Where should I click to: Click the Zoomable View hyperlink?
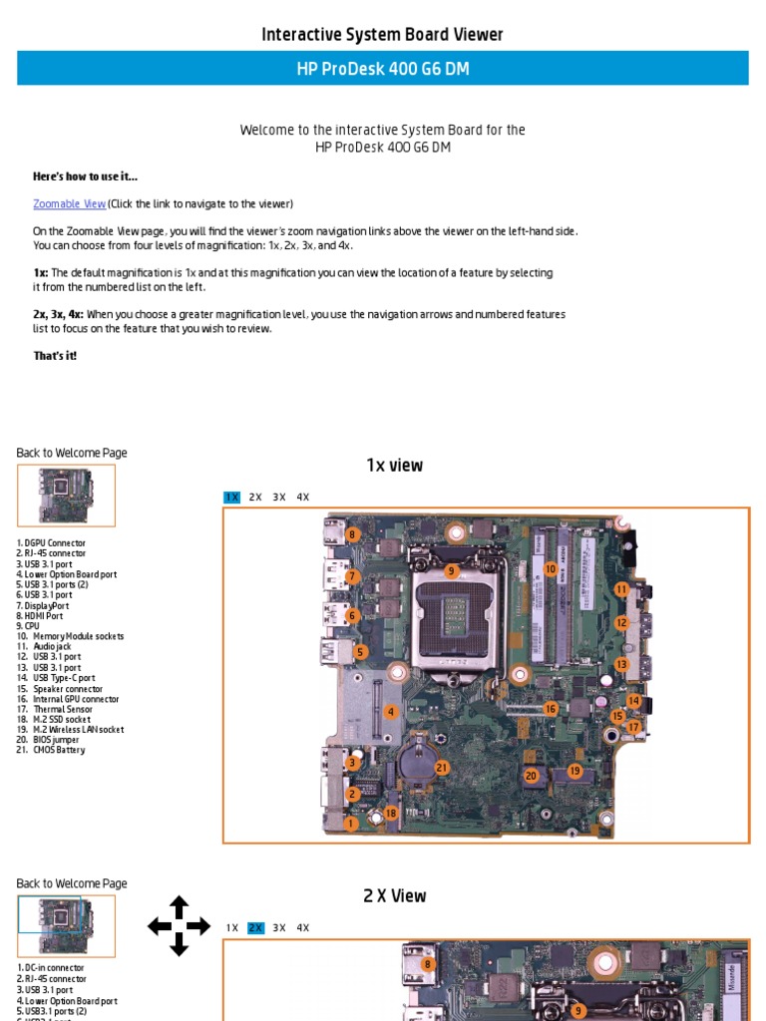(x=70, y=204)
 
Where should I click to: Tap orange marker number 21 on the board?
(x=442, y=768)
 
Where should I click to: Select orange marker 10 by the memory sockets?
(x=550, y=569)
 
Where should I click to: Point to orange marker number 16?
(x=551, y=709)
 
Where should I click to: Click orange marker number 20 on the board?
(x=531, y=776)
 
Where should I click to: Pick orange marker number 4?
(x=391, y=712)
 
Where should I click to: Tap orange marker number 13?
(x=621, y=664)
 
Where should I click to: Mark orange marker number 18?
(x=391, y=814)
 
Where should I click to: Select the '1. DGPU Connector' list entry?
(x=51, y=543)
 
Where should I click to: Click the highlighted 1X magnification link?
(x=231, y=498)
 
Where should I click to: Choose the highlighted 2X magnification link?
(x=255, y=928)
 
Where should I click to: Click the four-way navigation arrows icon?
(x=179, y=926)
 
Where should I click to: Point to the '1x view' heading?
(x=394, y=466)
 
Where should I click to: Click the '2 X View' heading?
(x=394, y=896)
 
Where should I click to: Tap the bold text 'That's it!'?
(x=55, y=356)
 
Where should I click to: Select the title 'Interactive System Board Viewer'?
(x=382, y=35)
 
